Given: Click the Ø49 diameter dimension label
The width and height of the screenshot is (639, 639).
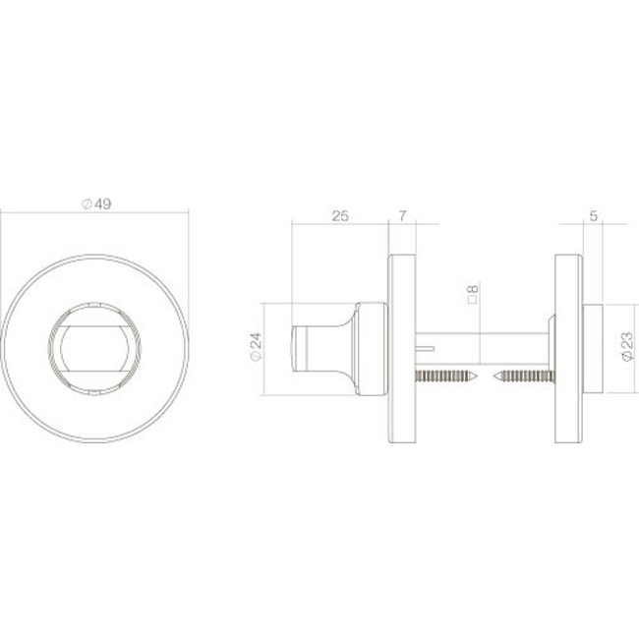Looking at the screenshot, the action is (96, 203).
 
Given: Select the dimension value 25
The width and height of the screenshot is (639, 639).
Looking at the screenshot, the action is (340, 216).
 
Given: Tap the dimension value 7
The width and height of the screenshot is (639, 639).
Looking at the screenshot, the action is (402, 216).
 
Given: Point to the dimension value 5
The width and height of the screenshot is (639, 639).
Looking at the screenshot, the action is (594, 216).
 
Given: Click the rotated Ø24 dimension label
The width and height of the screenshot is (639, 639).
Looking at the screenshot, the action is (256, 347).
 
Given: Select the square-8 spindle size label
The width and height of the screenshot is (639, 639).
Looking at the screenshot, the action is (473, 294).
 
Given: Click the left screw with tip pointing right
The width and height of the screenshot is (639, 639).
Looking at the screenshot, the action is (446, 376).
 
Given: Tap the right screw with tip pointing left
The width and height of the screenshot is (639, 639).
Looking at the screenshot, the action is (524, 376).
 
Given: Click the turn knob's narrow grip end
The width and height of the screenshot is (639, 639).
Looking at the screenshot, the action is (301, 349).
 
